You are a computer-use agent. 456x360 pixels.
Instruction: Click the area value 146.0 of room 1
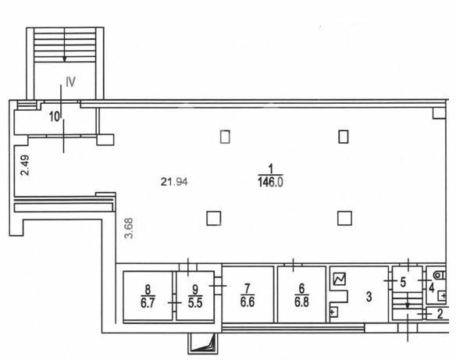(x=270, y=182)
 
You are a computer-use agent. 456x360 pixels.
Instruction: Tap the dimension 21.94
(x=174, y=182)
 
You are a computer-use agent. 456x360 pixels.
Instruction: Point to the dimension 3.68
(x=128, y=228)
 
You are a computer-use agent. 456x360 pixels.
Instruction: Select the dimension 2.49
(x=25, y=166)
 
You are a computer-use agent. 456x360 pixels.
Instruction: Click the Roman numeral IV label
(x=71, y=82)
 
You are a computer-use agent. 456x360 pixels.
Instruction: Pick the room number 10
(x=55, y=117)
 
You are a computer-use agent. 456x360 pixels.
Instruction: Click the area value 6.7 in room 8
(x=148, y=303)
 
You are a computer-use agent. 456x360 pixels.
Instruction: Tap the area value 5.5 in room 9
(x=195, y=303)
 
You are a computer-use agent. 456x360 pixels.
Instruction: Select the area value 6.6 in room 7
(x=248, y=302)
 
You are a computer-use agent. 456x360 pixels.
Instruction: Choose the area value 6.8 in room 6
(x=301, y=302)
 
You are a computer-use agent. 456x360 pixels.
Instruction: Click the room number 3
(x=369, y=297)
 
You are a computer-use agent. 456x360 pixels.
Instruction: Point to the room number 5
(x=403, y=282)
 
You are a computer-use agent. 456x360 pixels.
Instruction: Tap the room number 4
(x=432, y=288)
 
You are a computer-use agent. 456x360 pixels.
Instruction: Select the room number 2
(x=440, y=314)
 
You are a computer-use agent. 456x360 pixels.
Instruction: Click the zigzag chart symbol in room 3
(x=340, y=279)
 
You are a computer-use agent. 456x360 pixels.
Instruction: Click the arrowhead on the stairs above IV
(x=65, y=59)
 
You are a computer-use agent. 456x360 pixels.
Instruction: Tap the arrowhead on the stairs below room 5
(x=408, y=306)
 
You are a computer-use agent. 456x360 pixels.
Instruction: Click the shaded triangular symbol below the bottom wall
(x=203, y=344)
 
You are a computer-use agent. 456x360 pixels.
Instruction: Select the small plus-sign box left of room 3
(x=333, y=312)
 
